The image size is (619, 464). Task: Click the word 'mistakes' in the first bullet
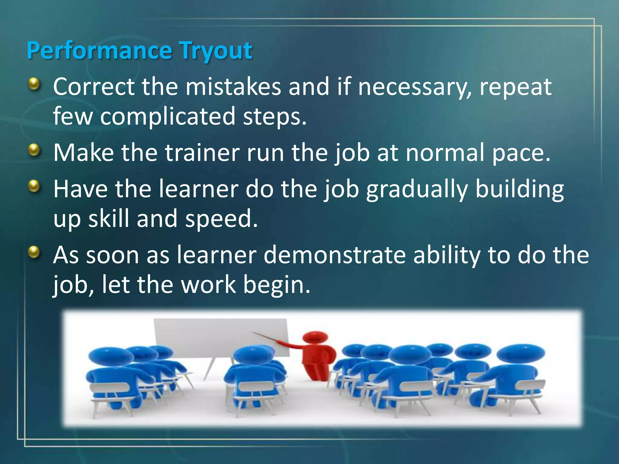coord(233,87)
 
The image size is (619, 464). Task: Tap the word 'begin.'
coord(277,285)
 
